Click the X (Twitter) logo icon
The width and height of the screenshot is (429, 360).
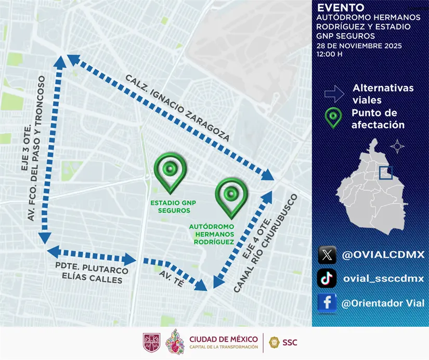click(327, 255)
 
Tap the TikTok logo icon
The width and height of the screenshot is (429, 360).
click(327, 278)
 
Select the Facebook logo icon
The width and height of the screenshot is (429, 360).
click(327, 303)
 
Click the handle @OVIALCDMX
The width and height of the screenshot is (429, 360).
click(383, 255)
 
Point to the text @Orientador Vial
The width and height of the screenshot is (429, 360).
click(383, 303)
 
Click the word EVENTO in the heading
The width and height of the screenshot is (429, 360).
click(341, 8)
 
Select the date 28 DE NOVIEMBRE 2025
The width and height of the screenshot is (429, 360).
click(359, 46)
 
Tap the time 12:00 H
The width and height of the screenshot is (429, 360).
click(330, 54)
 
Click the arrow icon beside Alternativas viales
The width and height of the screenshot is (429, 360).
click(334, 94)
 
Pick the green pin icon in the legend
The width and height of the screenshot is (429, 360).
click(333, 118)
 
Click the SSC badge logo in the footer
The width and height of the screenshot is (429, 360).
click(274, 342)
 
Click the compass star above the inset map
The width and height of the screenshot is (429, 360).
click(397, 146)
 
